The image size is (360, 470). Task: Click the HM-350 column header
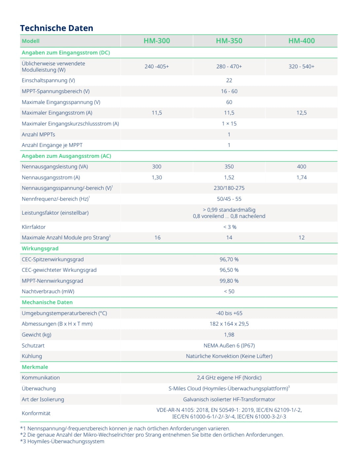(x=229, y=41)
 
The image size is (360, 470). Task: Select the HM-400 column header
(x=301, y=41)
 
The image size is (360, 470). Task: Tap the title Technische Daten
(x=56, y=28)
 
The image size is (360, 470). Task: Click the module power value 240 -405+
(x=157, y=66)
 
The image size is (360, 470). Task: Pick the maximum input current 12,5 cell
(x=301, y=113)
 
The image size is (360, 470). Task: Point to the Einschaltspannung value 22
(x=229, y=81)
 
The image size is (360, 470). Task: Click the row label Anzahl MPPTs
(x=38, y=134)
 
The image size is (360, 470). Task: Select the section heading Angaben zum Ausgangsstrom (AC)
(x=66, y=156)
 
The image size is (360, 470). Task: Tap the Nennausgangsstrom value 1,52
(x=229, y=177)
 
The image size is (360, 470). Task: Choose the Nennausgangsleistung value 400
(x=301, y=166)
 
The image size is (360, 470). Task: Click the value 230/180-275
(x=229, y=188)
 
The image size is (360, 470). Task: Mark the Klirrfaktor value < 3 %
(x=230, y=227)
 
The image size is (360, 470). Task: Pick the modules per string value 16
(x=157, y=237)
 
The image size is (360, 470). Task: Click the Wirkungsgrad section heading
(x=40, y=248)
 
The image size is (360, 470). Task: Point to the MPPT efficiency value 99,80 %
(x=229, y=281)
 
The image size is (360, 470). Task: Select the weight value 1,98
(x=229, y=335)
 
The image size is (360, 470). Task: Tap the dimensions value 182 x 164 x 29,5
(x=229, y=324)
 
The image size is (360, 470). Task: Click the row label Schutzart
(x=33, y=345)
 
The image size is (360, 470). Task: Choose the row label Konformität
(x=36, y=413)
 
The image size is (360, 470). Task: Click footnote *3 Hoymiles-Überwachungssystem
(x=62, y=441)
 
